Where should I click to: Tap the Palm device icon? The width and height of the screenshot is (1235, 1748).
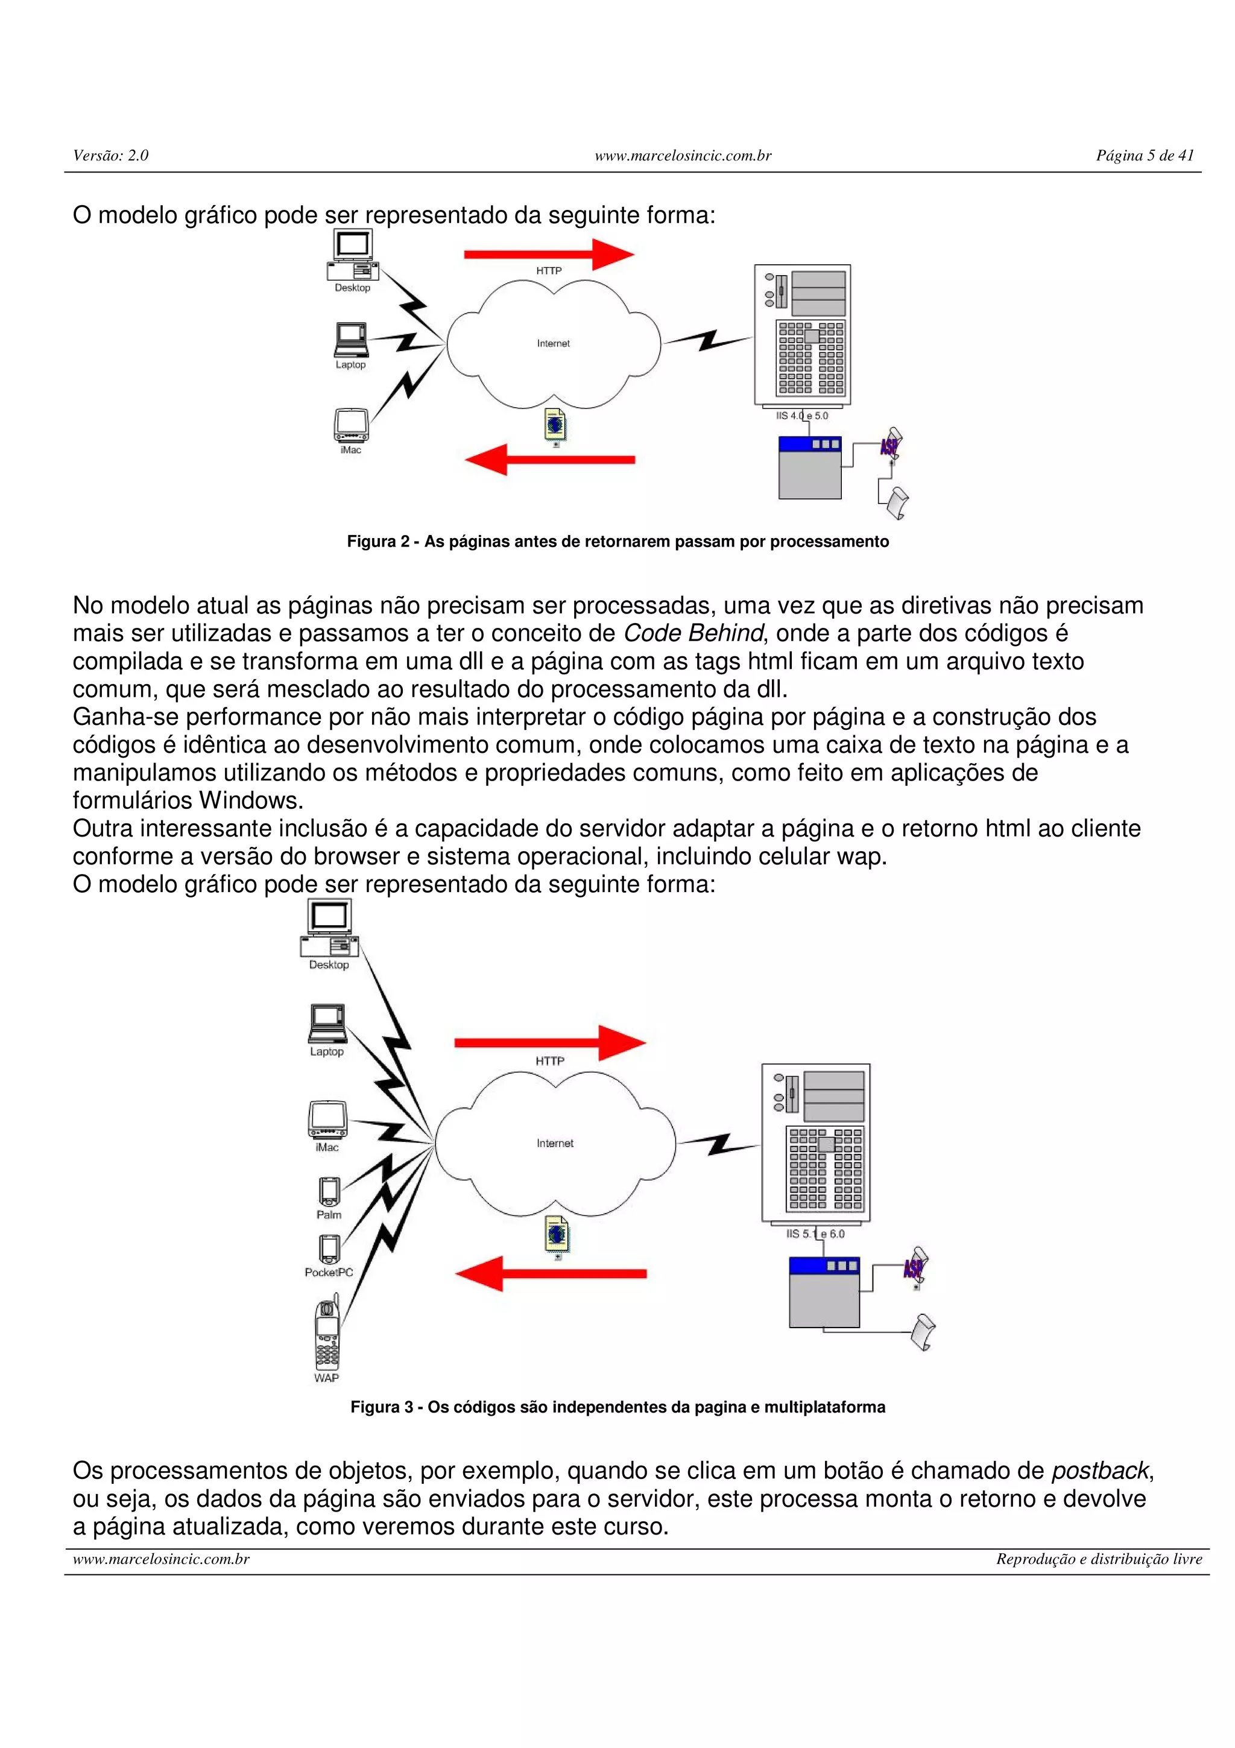coord(329,1191)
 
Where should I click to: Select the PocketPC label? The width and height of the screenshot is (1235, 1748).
coord(329,1272)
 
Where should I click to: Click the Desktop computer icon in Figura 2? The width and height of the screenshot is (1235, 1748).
coord(352,255)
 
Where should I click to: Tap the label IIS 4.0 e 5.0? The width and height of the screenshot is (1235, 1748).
coord(802,416)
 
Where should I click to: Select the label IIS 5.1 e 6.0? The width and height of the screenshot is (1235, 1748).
coord(815,1234)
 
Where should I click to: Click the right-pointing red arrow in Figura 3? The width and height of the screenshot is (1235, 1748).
coord(549,1042)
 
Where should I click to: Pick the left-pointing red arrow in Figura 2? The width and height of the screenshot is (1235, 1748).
coord(549,459)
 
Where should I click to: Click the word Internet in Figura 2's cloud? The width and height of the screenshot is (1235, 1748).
coord(553,343)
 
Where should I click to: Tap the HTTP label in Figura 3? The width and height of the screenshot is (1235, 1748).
coord(549,1060)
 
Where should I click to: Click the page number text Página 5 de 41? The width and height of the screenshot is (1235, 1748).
coord(1145,155)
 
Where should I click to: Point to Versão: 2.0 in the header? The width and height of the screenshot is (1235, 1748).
coord(111,155)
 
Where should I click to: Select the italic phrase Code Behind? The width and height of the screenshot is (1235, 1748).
coord(692,633)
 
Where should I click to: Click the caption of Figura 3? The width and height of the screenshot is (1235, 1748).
coord(617,1407)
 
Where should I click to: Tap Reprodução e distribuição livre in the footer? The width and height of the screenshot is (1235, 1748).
coord(1099,1559)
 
